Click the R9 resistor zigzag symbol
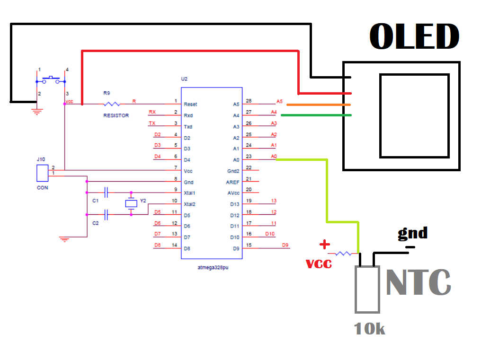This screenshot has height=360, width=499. (112, 104)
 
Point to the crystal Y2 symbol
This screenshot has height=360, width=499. (131, 203)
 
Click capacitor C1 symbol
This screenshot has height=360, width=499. (107, 193)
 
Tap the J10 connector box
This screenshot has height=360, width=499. (42, 174)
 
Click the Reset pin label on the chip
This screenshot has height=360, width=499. (190, 104)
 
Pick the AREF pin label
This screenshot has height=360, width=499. (233, 182)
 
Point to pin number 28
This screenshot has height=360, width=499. (249, 101)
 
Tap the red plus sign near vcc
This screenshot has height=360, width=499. (324, 245)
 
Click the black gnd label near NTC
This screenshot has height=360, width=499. (412, 233)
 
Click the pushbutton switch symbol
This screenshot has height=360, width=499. (51, 79)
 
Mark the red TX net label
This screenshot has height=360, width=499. (152, 123)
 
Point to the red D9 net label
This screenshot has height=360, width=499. (285, 245)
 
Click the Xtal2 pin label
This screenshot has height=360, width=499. (190, 204)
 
